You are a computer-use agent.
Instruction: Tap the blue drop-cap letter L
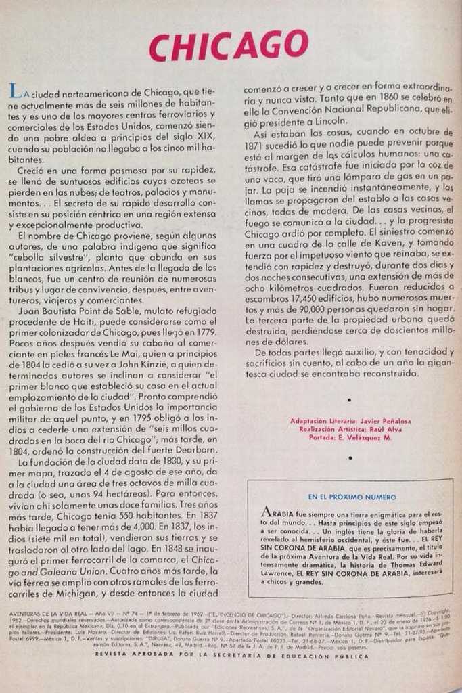[14, 91]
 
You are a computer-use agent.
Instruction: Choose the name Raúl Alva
[385, 429]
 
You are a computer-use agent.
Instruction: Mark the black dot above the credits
[349, 401]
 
